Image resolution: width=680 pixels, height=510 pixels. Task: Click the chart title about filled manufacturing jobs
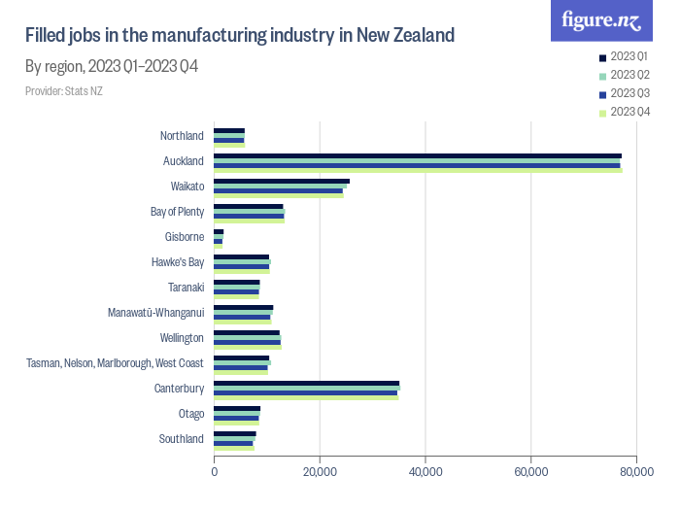[239, 36]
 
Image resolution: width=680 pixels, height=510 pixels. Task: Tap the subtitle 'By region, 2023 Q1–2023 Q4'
[113, 67]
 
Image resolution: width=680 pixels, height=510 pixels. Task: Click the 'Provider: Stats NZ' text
[64, 91]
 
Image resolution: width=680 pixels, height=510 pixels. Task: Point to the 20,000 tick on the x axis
[320, 472]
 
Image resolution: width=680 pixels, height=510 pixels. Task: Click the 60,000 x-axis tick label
[530, 472]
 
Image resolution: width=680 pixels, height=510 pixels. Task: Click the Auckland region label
[183, 161]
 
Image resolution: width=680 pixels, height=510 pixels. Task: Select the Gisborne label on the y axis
[184, 237]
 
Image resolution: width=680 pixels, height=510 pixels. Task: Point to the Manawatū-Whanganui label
[155, 313]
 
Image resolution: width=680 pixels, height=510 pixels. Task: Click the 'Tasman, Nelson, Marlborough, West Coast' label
[115, 363]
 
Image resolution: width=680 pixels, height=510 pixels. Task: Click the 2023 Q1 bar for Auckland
[418, 155]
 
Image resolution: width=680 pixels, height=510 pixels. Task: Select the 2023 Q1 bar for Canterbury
[306, 383]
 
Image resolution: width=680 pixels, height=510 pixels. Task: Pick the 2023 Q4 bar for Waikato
[278, 195]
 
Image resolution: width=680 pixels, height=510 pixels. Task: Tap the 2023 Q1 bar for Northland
[229, 130]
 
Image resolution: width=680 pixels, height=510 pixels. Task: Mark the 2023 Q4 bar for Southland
[233, 448]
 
